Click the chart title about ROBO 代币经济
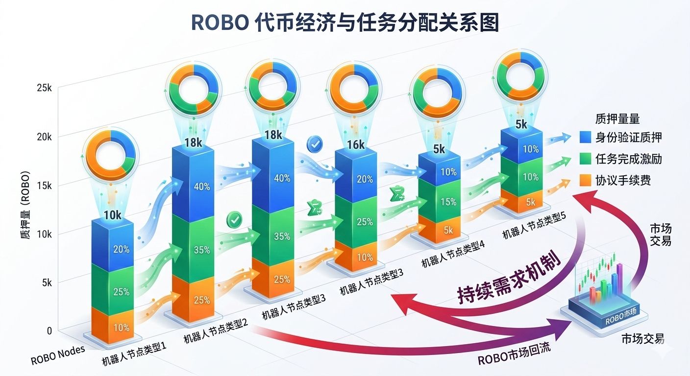(x=345, y=23)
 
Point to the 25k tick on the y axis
(x=44, y=89)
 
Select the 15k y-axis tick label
(x=44, y=186)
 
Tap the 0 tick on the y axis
(x=49, y=331)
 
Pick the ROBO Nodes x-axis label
(x=58, y=356)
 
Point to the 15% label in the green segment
(x=448, y=202)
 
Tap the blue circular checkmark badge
(x=314, y=143)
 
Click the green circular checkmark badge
(x=234, y=220)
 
